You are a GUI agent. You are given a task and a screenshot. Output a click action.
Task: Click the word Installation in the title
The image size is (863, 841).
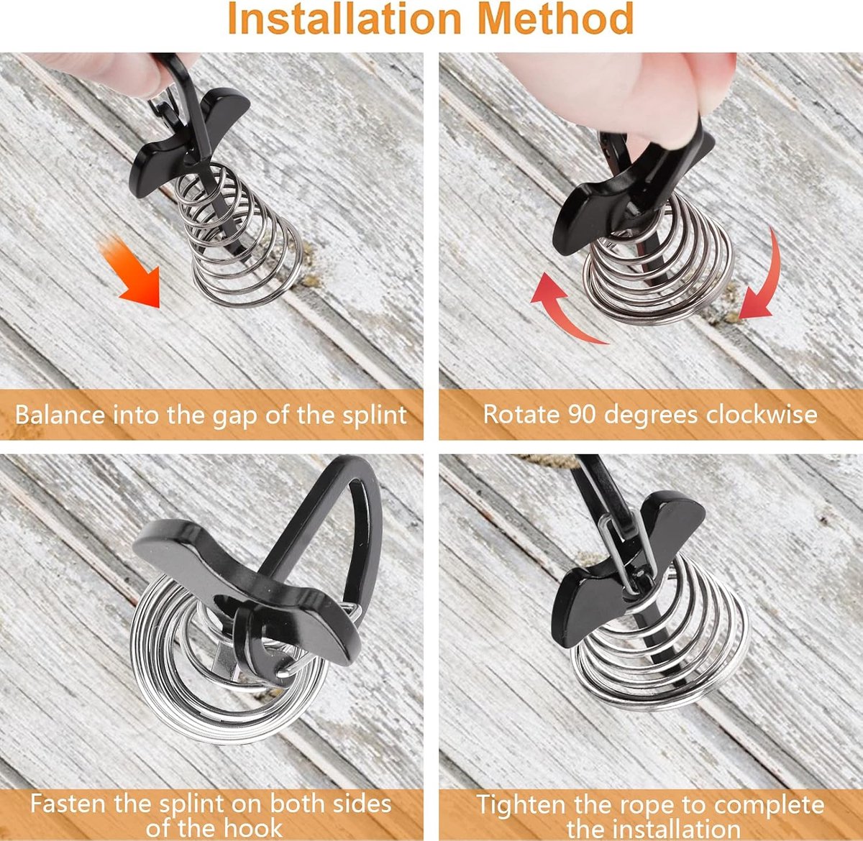point(344,18)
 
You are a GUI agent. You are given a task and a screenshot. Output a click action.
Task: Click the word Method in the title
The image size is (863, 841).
point(556,18)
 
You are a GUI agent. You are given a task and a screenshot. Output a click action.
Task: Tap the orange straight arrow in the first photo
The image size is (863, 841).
point(132,272)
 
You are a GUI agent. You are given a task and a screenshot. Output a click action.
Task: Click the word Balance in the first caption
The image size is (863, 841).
point(60,415)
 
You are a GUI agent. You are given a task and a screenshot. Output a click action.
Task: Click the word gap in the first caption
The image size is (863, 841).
point(234,417)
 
